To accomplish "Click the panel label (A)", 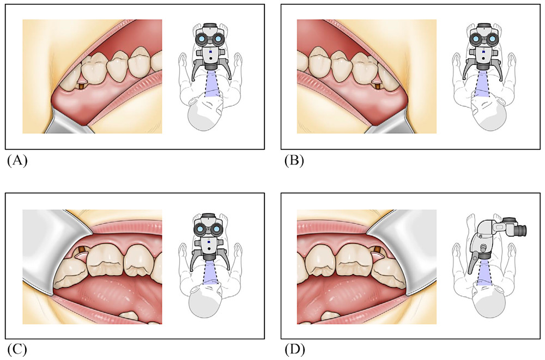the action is pyautogui.click(x=17, y=161).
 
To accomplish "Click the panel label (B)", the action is pyautogui.click(x=294, y=161).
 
